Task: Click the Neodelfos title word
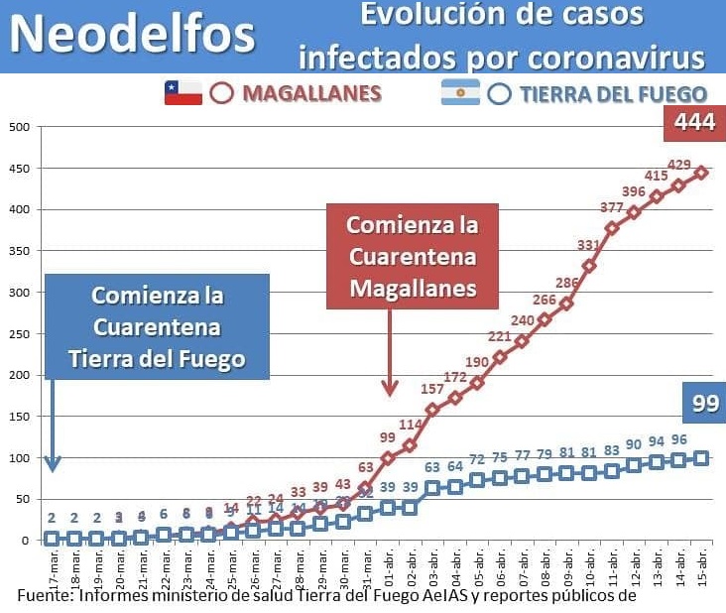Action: pyautogui.click(x=134, y=34)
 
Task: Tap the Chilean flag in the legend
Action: pyautogui.click(x=183, y=93)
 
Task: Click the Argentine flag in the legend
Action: pyautogui.click(x=460, y=93)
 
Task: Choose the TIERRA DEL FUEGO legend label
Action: pyautogui.click(x=612, y=94)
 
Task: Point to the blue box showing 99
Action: pyautogui.click(x=705, y=403)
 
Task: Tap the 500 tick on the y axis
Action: pyautogui.click(x=19, y=127)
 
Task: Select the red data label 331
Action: pyautogui.click(x=589, y=245)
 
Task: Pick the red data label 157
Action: pyautogui.click(x=431, y=388)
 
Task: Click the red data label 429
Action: pyautogui.click(x=679, y=165)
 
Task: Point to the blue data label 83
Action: pyautogui.click(x=611, y=451)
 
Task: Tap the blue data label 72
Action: pyautogui.click(x=477, y=459)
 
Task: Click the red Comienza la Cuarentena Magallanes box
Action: pyautogui.click(x=412, y=256)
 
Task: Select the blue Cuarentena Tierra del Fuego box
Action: pyautogui.click(x=157, y=326)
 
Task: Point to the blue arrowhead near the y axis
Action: pyautogui.click(x=53, y=463)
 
